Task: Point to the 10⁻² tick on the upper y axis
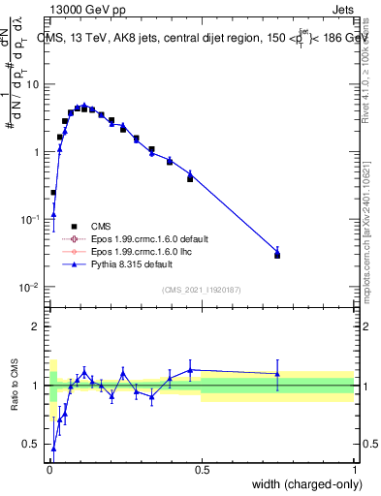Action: pyautogui.click(x=32, y=288)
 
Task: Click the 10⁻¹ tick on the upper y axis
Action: pyautogui.click(x=32, y=220)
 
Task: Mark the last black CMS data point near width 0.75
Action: pyautogui.click(x=277, y=255)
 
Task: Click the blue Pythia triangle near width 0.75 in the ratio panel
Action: pyautogui.click(x=277, y=374)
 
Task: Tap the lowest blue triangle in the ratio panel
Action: pyautogui.click(x=53, y=449)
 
